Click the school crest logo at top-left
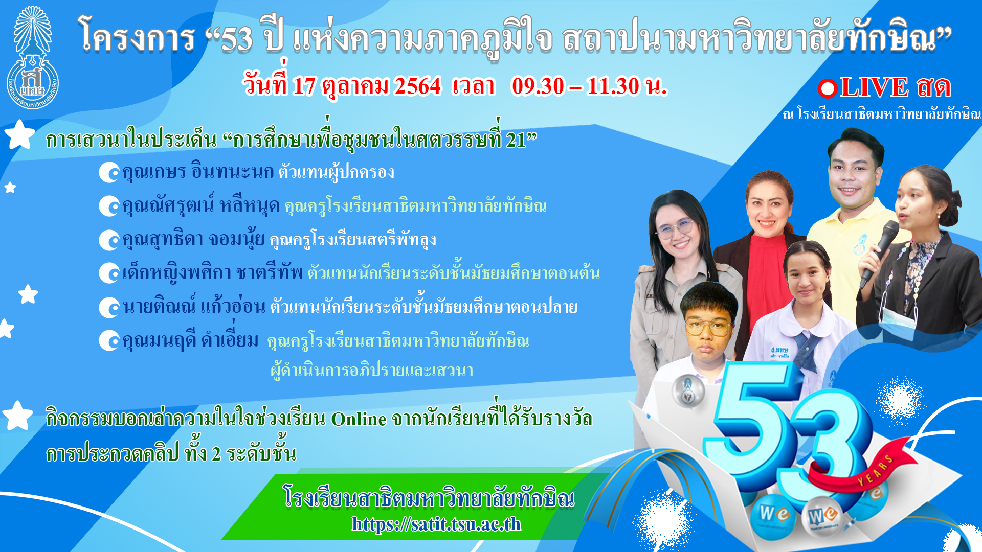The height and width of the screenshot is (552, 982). tap(32, 57)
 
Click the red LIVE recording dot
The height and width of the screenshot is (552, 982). tap(827, 88)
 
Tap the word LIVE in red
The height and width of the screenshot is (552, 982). tap(874, 87)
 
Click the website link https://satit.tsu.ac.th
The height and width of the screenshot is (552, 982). tap(436, 524)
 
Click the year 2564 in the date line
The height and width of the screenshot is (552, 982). tap(417, 86)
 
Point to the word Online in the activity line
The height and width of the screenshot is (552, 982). tap(359, 419)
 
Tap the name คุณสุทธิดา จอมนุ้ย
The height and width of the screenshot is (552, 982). tap(193, 239)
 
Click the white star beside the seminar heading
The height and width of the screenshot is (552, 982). tap(19, 134)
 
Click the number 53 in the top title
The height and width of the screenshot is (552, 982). tap(237, 38)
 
